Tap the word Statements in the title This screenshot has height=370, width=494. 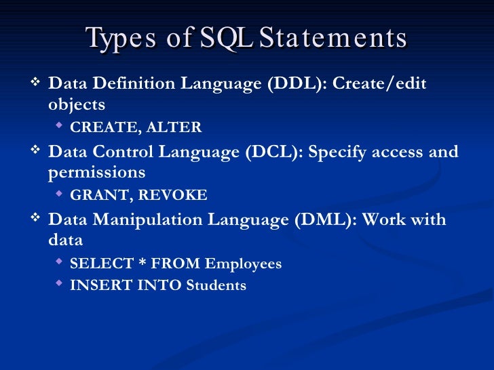(x=333, y=38)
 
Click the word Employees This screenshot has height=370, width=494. (x=243, y=264)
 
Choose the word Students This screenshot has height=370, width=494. (x=216, y=285)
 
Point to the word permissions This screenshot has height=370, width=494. (x=96, y=173)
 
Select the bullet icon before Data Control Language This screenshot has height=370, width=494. (x=37, y=151)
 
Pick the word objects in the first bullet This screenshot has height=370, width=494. (x=77, y=104)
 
